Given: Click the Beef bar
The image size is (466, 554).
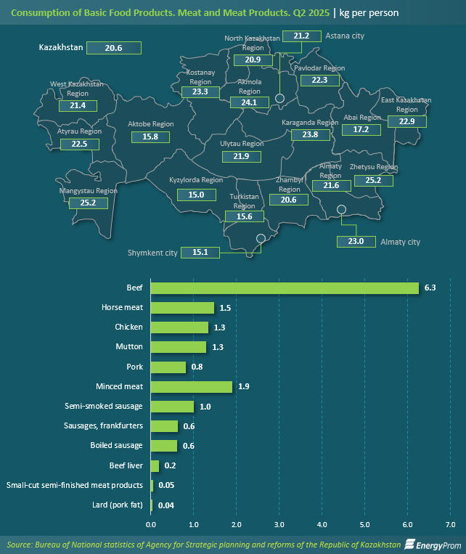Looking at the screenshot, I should [x=285, y=288].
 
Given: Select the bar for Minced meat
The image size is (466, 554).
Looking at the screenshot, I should [x=192, y=386].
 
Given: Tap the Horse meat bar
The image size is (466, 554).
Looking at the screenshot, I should [x=182, y=308].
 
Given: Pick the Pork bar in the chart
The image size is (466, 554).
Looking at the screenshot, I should [x=168, y=367].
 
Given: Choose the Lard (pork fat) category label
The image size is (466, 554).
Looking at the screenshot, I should [x=112, y=504].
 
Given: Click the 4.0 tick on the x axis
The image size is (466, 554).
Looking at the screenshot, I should [x=322, y=524].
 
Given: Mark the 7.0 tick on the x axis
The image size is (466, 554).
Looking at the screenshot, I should [x=449, y=524].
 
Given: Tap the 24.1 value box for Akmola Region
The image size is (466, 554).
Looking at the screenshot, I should [x=249, y=102].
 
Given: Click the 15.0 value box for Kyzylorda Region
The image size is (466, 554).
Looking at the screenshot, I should [x=196, y=195].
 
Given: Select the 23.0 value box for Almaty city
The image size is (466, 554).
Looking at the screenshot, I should [x=356, y=242].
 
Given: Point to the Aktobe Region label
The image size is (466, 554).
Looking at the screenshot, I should [x=151, y=124].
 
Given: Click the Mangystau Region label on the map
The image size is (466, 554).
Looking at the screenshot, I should [x=88, y=191].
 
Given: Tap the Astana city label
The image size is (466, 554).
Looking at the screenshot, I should [x=345, y=36].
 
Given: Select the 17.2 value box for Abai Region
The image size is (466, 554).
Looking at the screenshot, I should [x=361, y=129].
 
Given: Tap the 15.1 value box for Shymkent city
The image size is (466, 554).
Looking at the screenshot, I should [x=200, y=253].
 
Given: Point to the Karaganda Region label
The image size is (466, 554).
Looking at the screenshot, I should [x=310, y=123].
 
